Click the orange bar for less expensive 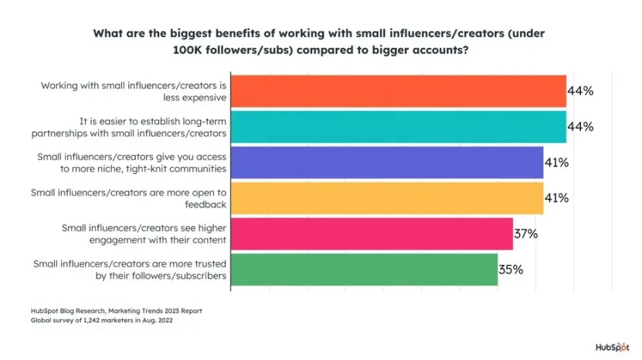pos(399,91)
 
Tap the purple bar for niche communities pos(387,162)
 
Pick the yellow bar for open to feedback pos(387,198)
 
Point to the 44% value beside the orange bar pos(580,91)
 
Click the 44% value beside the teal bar pos(580,127)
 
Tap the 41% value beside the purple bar pos(557,162)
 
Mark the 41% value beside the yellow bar pos(557,198)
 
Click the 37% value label pos(527,233)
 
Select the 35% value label pos(511,270)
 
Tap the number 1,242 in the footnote pos(83,320)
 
